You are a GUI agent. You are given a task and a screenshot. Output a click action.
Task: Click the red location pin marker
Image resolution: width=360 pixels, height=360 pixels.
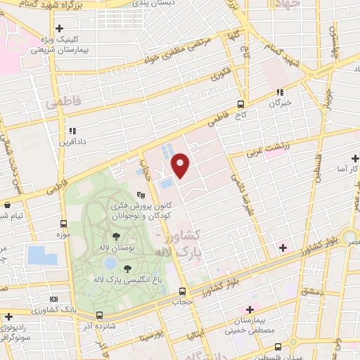[181, 166]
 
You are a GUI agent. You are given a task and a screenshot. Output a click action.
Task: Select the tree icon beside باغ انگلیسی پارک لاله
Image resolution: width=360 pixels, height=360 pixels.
[127, 268]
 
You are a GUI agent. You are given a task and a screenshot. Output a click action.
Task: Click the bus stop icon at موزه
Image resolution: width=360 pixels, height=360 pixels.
[64, 224]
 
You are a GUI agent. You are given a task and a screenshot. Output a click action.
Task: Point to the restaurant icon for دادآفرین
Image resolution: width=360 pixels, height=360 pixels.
[73, 130]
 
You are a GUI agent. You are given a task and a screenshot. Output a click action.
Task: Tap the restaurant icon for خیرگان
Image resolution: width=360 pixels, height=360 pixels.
[280, 91]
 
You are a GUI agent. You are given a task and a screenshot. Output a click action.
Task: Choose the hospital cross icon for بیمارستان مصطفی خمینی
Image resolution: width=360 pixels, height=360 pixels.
[247, 310]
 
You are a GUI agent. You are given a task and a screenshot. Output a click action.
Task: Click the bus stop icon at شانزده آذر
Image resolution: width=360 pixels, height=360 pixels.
[99, 316]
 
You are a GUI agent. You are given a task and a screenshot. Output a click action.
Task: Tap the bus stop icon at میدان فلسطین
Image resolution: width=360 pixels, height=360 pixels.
[278, 347]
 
